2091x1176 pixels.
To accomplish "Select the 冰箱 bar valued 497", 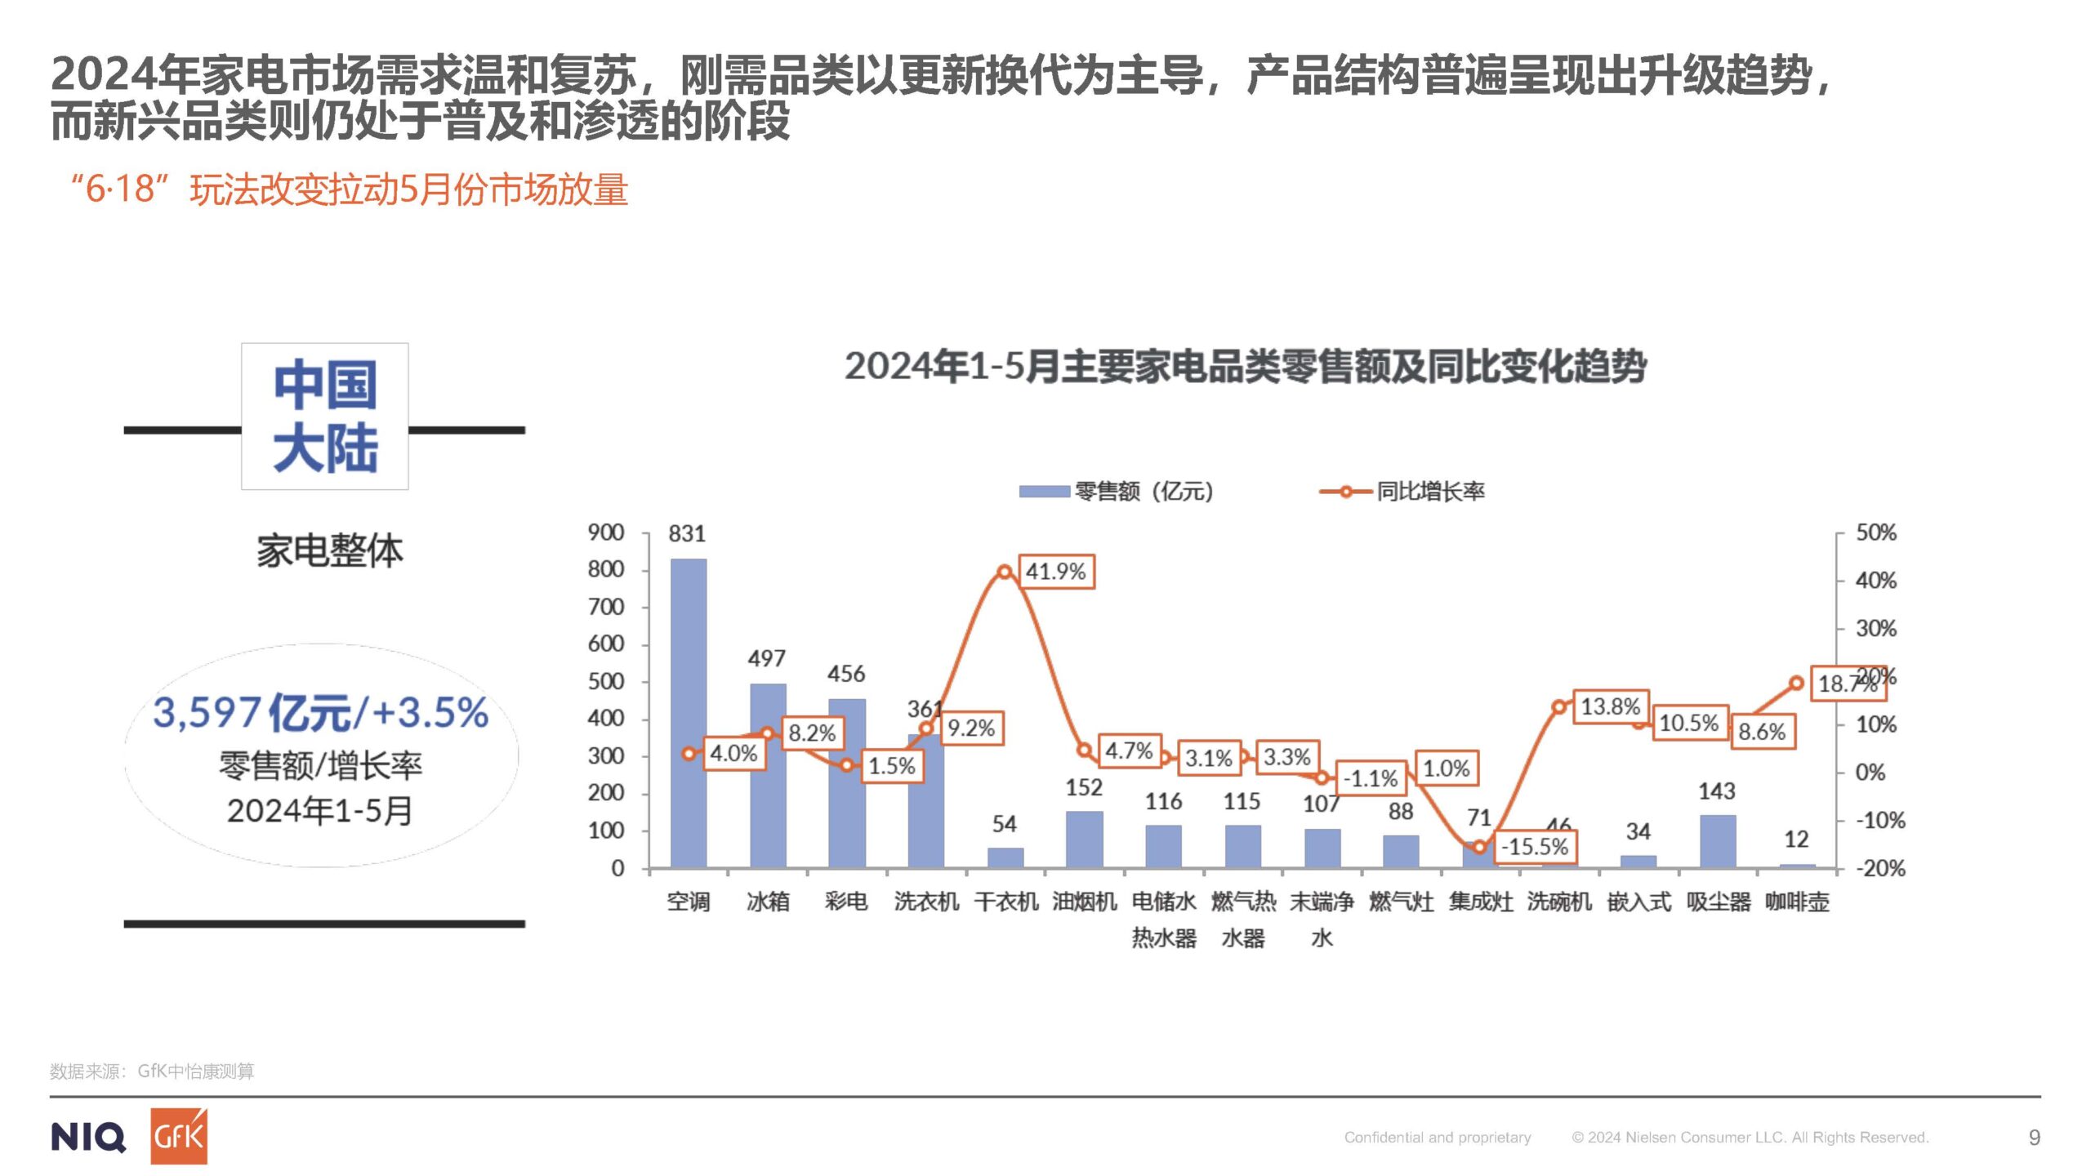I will pos(768,776).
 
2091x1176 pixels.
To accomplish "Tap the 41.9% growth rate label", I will pos(1055,572).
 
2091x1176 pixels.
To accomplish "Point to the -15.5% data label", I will pos(1534,847).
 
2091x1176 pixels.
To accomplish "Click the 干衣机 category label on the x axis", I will pos(1005,902).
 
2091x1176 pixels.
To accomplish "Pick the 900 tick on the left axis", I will pos(605,532).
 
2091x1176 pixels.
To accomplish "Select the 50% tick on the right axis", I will pos(1875,532).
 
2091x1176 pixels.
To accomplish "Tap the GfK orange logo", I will pos(179,1136).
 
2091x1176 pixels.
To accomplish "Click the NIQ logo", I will pos(88,1137).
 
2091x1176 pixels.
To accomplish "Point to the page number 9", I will pos(2034,1137).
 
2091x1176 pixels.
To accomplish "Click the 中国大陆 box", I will pos(325,416).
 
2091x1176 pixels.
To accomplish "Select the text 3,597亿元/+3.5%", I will pos(320,712).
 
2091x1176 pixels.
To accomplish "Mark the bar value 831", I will pos(686,533).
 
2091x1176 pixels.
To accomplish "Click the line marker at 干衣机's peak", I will pos(1005,572).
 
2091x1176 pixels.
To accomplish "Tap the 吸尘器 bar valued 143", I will pos(1718,841).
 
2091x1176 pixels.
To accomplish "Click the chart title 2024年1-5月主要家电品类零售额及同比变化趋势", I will pos(1245,366).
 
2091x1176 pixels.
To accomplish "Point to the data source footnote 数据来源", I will pos(152,1071).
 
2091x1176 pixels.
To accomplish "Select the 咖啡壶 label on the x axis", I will pos(1796,902).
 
